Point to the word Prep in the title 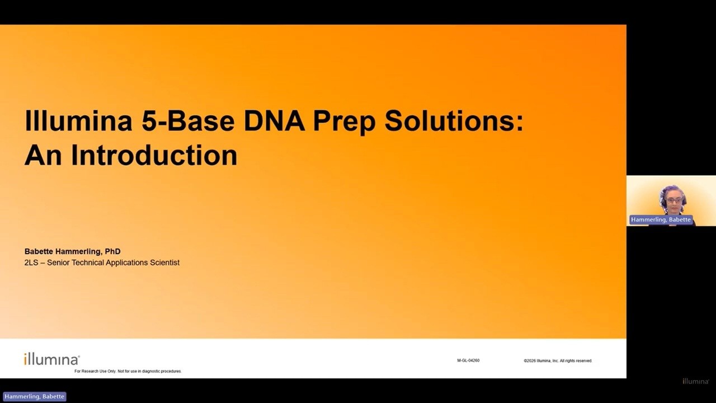point(344,123)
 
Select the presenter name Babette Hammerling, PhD point(73,251)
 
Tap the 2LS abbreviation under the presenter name point(31,263)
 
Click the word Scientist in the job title point(164,263)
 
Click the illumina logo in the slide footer point(52,359)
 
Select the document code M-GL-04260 point(468,360)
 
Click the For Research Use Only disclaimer point(128,371)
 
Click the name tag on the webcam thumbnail point(661,220)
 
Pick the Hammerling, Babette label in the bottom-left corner point(34,397)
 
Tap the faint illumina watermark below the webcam point(695,381)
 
